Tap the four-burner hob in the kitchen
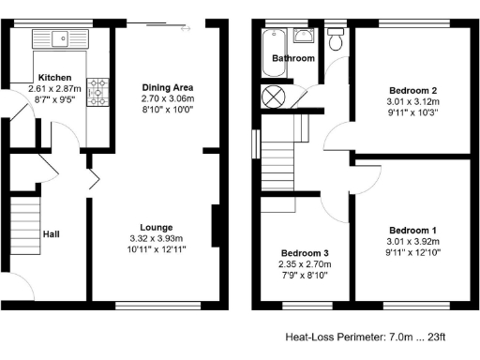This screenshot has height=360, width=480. [97, 90]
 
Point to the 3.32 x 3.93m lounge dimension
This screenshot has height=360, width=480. [155, 238]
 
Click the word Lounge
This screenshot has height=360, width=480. [155, 227]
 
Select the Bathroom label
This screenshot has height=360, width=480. [292, 58]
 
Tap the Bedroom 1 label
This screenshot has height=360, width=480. [412, 230]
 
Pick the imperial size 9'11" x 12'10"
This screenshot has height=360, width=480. [412, 253]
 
